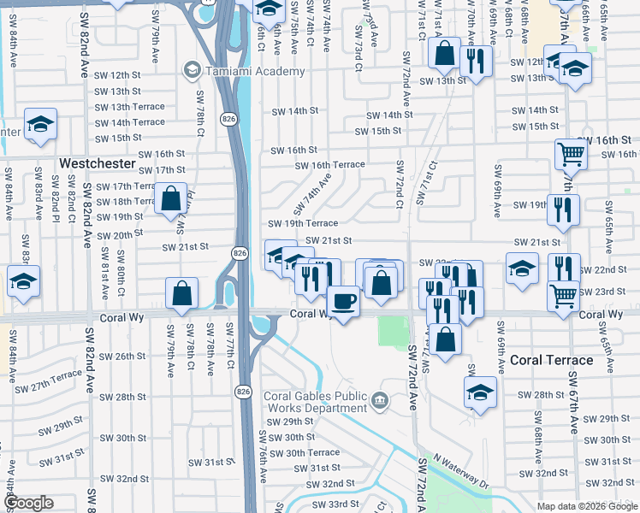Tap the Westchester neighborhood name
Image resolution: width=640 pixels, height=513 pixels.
(x=97, y=162)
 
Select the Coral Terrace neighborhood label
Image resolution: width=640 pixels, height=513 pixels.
(x=551, y=360)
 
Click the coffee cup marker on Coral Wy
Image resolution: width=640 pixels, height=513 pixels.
(x=344, y=302)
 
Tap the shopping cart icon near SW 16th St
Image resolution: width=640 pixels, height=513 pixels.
(x=571, y=155)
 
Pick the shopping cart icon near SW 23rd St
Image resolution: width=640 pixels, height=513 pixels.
(x=564, y=296)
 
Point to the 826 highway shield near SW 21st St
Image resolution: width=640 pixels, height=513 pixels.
(x=240, y=254)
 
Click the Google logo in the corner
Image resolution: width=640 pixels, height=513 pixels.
(x=29, y=502)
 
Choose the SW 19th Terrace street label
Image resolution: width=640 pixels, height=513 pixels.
(x=303, y=223)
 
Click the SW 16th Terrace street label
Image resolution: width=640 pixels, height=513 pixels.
(x=330, y=165)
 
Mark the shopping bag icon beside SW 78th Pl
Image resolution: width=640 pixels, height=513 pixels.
(x=172, y=198)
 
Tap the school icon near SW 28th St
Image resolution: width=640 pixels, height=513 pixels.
(x=480, y=392)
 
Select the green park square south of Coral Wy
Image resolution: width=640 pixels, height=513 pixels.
(x=394, y=331)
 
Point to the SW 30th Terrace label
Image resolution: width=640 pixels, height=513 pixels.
(x=305, y=453)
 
